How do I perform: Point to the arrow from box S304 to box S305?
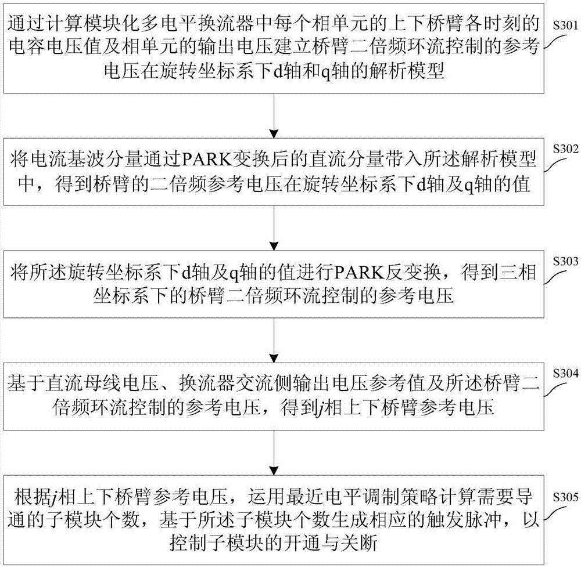pos(274,453)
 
